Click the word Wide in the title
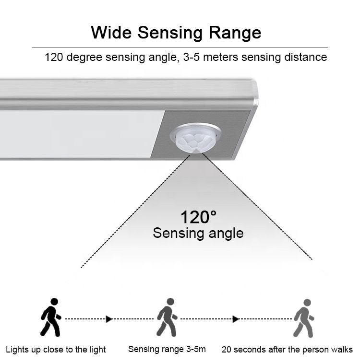111,32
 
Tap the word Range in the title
235,33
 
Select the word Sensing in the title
170,33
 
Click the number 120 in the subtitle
54,57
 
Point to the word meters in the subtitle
220,57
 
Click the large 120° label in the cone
198,217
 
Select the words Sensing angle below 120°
198,233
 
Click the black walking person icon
51,317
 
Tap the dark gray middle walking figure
167,317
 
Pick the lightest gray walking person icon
304,318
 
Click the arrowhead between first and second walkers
109,319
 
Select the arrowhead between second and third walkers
236,319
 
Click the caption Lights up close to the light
56,350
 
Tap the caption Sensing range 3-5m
167,349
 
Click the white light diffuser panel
79,134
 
